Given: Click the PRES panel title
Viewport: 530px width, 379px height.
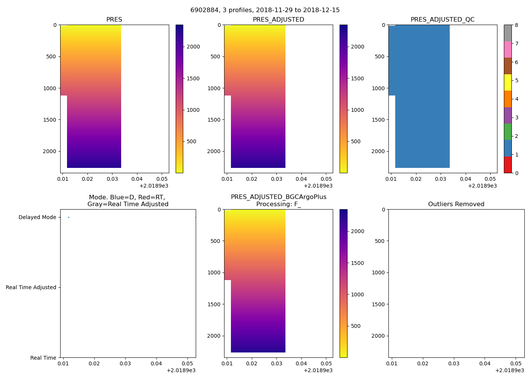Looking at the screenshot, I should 114,20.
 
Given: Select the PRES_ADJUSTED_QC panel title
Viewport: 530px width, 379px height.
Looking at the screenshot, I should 443,20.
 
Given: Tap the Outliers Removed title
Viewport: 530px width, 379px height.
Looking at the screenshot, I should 456,204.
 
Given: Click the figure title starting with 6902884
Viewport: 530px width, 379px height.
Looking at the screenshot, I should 265,10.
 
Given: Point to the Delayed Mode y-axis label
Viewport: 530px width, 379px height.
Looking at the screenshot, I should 37,218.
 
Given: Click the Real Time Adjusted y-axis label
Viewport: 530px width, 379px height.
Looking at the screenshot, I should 31,288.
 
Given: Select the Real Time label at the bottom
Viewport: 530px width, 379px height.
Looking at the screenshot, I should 43,358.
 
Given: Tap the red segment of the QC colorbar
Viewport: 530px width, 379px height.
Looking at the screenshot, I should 508,165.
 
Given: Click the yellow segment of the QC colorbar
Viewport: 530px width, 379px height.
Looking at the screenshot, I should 508,83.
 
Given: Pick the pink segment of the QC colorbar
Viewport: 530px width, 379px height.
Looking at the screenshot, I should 508,49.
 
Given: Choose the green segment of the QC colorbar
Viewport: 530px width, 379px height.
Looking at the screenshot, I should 508,132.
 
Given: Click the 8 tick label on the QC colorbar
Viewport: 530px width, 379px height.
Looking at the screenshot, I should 517,25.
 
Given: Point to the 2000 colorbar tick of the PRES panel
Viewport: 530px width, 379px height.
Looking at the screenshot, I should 193,47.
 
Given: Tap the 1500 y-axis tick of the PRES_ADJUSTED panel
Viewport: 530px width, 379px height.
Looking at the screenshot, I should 215,120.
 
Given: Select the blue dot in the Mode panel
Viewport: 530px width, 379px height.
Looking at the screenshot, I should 69,218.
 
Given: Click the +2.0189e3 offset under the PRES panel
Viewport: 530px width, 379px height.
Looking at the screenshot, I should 154,186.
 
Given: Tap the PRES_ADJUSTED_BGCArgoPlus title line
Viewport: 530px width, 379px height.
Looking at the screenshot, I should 279,197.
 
